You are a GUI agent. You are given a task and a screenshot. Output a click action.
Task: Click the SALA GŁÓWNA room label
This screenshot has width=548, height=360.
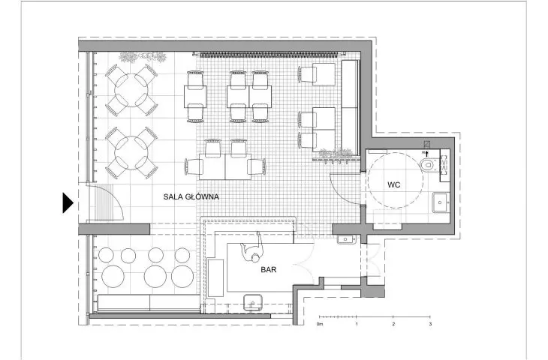click(x=191, y=196)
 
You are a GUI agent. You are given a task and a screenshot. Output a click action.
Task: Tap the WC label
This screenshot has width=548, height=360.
click(x=394, y=184)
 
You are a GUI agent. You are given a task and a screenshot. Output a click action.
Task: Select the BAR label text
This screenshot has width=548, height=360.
click(x=269, y=269)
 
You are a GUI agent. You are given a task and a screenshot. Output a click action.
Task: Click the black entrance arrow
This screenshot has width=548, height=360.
click(x=68, y=202)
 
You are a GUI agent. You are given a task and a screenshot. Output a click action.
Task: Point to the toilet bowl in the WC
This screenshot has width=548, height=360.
click(x=427, y=164)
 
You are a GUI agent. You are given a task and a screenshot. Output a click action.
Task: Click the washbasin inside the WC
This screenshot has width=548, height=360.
click(x=441, y=202)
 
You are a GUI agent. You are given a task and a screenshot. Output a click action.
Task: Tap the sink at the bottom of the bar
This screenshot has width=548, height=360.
click(x=253, y=302)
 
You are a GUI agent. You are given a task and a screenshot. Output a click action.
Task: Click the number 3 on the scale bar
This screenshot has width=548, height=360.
click(x=430, y=324)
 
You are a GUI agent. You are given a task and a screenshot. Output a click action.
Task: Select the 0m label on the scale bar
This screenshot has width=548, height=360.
click(x=320, y=324)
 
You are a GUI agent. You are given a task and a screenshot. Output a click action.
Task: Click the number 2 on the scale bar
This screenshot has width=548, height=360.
click(x=393, y=324)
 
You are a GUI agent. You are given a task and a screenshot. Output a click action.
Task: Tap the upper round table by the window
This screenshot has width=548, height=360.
click(x=131, y=90)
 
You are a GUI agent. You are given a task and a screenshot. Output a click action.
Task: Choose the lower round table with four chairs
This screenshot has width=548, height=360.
click(x=131, y=152)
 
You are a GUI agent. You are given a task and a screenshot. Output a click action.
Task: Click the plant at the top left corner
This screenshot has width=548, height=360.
click(x=142, y=57)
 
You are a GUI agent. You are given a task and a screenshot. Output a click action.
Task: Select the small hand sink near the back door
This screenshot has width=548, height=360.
click(x=346, y=239)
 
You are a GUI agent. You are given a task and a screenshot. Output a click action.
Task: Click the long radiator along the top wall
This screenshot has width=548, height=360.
click(x=269, y=54)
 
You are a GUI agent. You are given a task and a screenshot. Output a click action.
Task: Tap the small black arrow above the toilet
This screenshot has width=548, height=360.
click(x=426, y=153)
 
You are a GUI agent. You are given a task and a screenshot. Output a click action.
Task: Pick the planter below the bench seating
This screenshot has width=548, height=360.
click(x=336, y=155)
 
